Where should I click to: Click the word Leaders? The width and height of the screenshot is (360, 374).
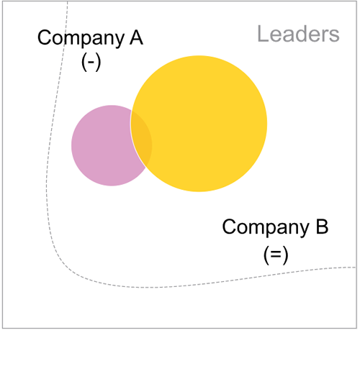tap(298, 34)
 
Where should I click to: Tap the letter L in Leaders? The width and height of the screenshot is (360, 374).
tap(263, 34)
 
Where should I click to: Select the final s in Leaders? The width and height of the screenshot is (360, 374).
tap(334, 36)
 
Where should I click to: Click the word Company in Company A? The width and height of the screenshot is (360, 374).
tap(81, 38)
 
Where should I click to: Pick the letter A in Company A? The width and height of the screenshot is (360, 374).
tap(136, 37)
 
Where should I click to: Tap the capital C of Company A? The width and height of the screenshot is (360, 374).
tap(45, 37)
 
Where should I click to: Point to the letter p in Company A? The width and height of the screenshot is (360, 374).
tap(86, 40)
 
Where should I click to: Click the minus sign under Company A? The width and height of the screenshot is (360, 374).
tap(91, 63)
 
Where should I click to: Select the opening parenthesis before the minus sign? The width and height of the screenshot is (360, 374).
tap(84, 62)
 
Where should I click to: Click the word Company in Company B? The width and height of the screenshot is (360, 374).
tap(266, 228)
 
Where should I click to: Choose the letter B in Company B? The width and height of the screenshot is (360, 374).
tap(322, 226)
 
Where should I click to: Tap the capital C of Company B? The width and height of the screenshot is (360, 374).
tap(230, 227)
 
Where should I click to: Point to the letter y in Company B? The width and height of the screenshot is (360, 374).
tap(303, 230)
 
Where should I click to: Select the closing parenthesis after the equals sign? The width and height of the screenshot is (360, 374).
tap(285, 256)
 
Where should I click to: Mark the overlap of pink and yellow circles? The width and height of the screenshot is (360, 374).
tap(142, 139)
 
